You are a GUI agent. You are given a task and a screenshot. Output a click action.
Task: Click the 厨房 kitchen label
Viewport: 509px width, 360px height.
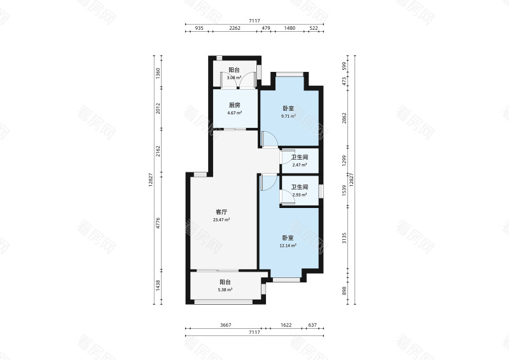[234, 105]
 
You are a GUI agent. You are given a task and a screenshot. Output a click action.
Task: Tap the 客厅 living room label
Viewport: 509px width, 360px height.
[221, 212]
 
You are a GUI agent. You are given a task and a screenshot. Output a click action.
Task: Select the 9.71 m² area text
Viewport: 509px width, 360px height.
[288, 116]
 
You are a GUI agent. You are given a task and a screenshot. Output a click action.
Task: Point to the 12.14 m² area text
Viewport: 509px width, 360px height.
[288, 246]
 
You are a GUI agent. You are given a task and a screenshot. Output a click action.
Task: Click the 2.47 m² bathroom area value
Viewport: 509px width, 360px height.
[300, 165]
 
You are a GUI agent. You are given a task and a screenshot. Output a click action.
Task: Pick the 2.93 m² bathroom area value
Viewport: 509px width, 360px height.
[300, 195]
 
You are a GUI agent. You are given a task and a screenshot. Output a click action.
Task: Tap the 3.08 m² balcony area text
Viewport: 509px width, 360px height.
[234, 78]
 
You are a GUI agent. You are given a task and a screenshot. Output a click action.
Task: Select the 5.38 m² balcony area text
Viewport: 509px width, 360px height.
[225, 290]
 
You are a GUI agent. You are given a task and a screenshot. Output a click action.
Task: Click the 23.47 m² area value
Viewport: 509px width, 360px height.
[221, 220]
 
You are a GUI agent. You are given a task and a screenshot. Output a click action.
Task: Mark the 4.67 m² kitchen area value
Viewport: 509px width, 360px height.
[234, 113]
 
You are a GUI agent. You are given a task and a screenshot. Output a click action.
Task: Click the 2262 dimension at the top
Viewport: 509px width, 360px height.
[235, 28]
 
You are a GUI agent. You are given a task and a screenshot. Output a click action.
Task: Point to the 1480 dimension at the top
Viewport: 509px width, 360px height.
[289, 28]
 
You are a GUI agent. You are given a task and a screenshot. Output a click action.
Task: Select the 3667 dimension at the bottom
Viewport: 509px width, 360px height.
[226, 325]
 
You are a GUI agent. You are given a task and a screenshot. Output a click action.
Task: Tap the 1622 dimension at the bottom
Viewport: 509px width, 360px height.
[286, 325]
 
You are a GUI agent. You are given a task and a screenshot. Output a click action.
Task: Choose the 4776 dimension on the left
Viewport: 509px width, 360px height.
[158, 223]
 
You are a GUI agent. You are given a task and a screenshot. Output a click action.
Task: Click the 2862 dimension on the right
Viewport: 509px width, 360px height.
[344, 118]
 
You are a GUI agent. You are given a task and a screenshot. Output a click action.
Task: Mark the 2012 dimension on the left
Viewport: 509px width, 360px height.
[158, 108]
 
